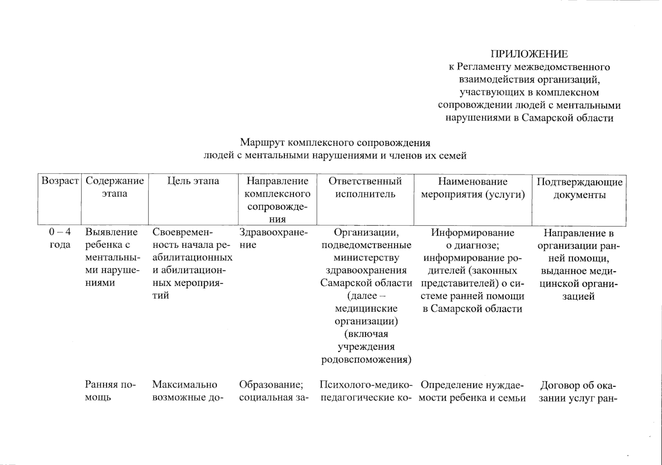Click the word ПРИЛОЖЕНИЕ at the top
(x=529, y=54)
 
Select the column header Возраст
(x=60, y=181)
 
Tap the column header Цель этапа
(x=193, y=181)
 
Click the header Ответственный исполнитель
(x=365, y=187)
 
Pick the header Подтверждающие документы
(x=579, y=188)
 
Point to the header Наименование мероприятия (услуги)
(x=472, y=188)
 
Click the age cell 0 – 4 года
(x=60, y=238)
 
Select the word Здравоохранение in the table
(x=273, y=238)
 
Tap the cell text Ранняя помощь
(x=110, y=391)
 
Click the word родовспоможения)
(x=366, y=359)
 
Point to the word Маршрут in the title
(x=263, y=143)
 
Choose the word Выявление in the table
(x=111, y=232)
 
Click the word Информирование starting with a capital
(x=472, y=232)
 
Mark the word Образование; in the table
(x=271, y=384)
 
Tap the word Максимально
(x=184, y=384)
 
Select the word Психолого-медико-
(x=366, y=385)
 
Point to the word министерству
(x=366, y=258)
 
